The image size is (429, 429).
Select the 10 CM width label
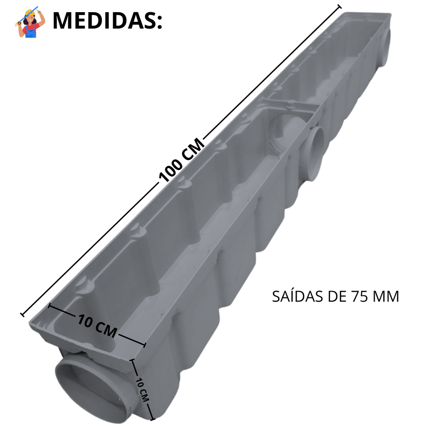[97, 326]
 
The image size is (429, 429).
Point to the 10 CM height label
[142, 390]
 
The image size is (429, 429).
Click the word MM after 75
[386, 296]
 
